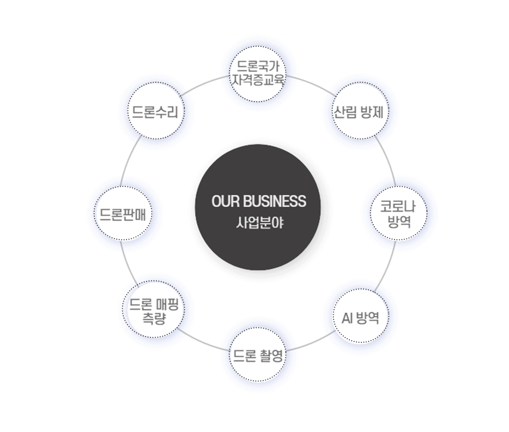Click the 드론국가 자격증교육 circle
click(x=258, y=74)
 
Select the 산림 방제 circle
click(x=360, y=111)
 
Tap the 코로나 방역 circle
click(x=398, y=213)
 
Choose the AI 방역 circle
click(x=361, y=316)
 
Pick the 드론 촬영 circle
click(x=258, y=355)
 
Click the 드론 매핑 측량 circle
click(x=154, y=309)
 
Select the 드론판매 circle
click(x=123, y=213)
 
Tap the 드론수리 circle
click(x=155, y=111)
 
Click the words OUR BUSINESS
click(x=259, y=201)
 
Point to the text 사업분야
click(x=259, y=223)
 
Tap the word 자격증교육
click(x=258, y=80)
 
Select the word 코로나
click(x=398, y=207)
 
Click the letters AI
click(x=347, y=317)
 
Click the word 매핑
click(x=167, y=305)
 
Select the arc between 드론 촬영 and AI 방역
click(x=312, y=343)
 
